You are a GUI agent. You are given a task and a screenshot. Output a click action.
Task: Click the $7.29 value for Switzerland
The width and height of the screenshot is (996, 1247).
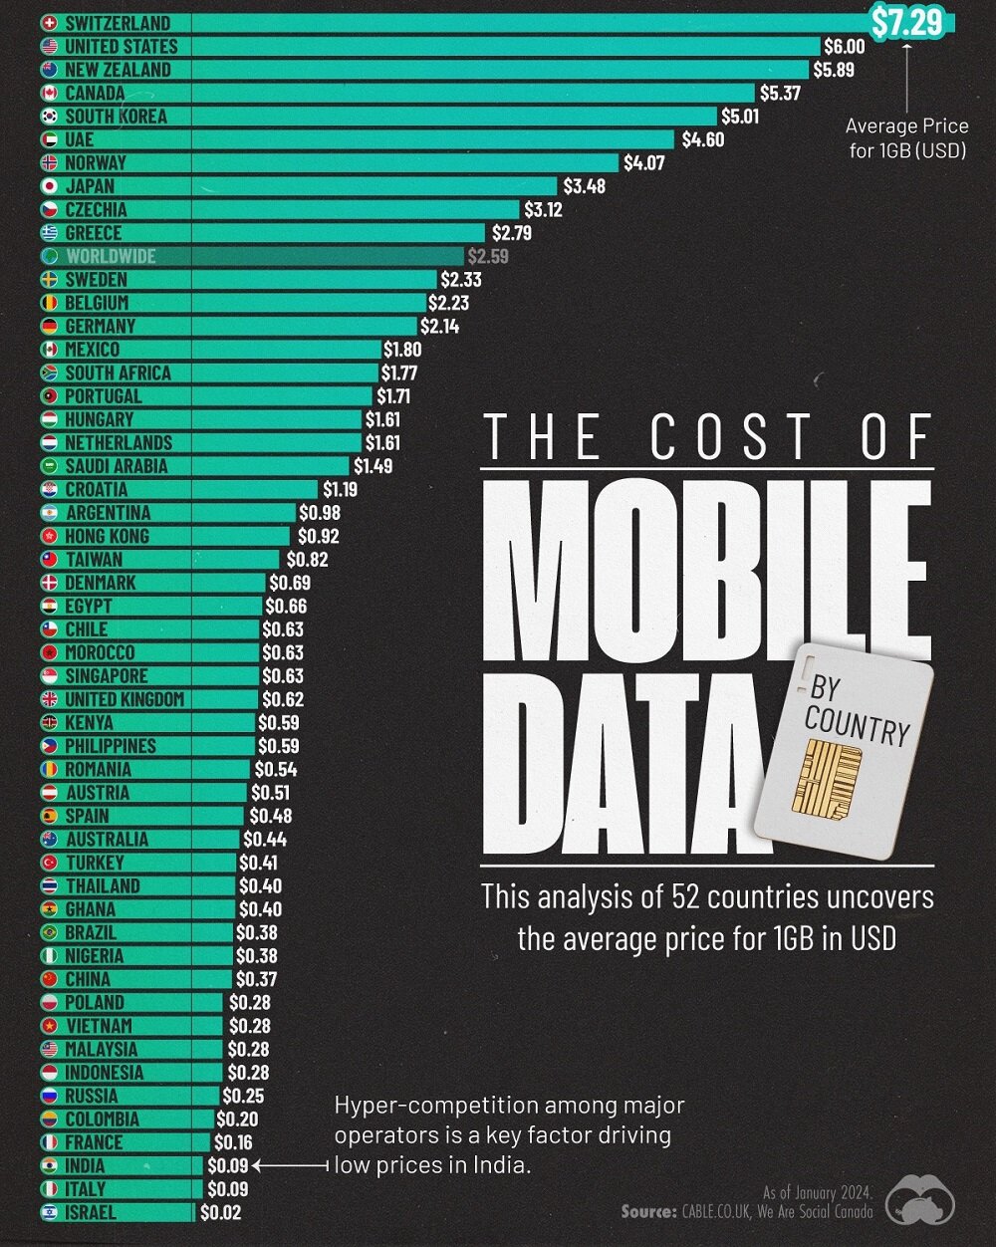point(906,22)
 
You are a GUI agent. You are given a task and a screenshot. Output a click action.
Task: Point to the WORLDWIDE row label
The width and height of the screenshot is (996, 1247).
point(111,256)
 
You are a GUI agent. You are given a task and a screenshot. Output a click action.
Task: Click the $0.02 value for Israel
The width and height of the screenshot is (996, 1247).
point(220,1213)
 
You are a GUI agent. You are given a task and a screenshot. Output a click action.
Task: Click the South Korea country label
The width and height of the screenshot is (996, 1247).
point(116,116)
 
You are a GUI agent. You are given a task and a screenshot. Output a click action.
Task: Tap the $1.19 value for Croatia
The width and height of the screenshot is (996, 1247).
point(340,490)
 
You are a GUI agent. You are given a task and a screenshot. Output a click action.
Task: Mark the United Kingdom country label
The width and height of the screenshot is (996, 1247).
point(124,699)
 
